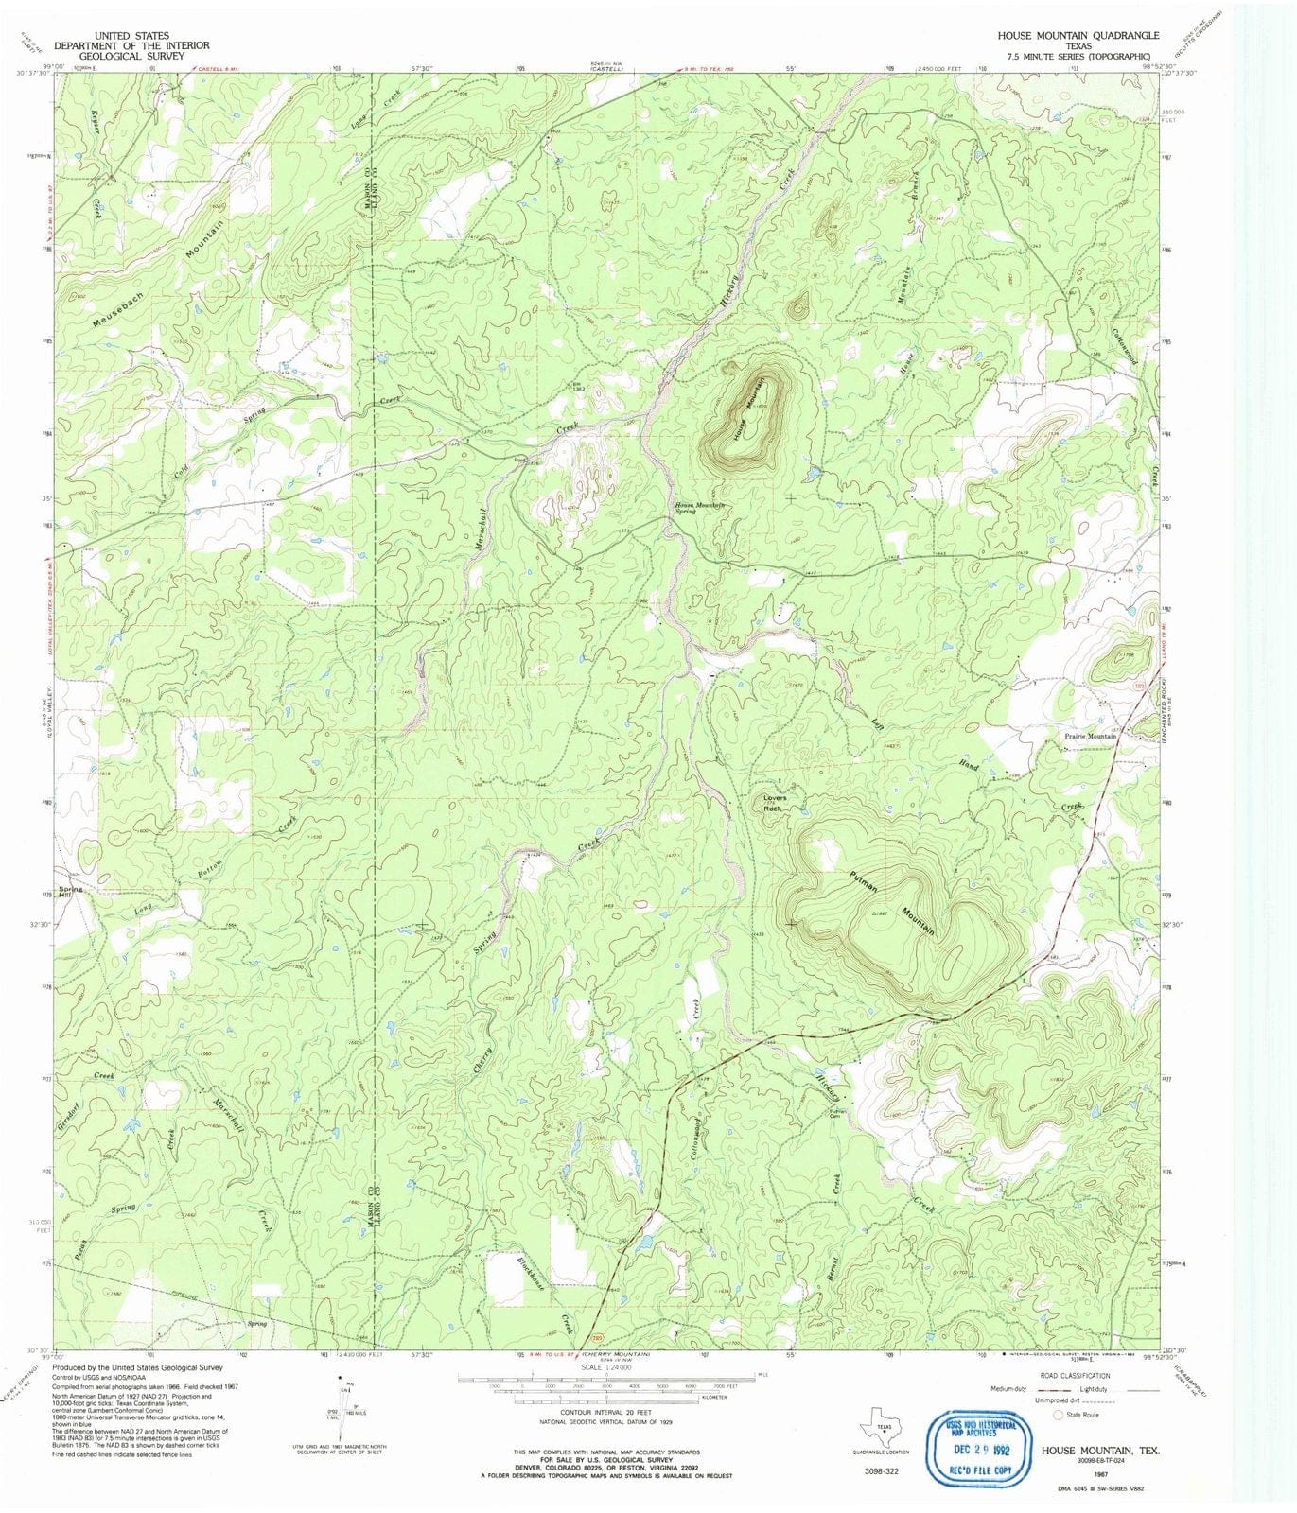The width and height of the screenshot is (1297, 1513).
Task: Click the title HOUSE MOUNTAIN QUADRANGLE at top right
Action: click(1078, 35)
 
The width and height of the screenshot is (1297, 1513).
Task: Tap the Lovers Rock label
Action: click(774, 803)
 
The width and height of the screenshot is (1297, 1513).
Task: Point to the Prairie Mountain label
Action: click(1087, 736)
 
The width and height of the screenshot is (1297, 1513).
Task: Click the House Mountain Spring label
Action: click(698, 507)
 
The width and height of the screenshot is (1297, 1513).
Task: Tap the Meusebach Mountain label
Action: click(161, 275)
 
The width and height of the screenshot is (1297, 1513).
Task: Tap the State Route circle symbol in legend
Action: click(1059, 1416)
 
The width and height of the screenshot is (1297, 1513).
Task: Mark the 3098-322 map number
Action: click(882, 1471)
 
